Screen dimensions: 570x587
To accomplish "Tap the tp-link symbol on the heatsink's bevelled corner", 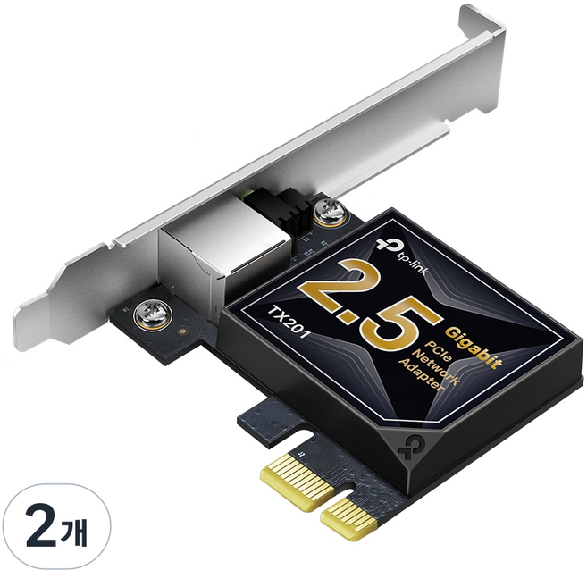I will (541, 444).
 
